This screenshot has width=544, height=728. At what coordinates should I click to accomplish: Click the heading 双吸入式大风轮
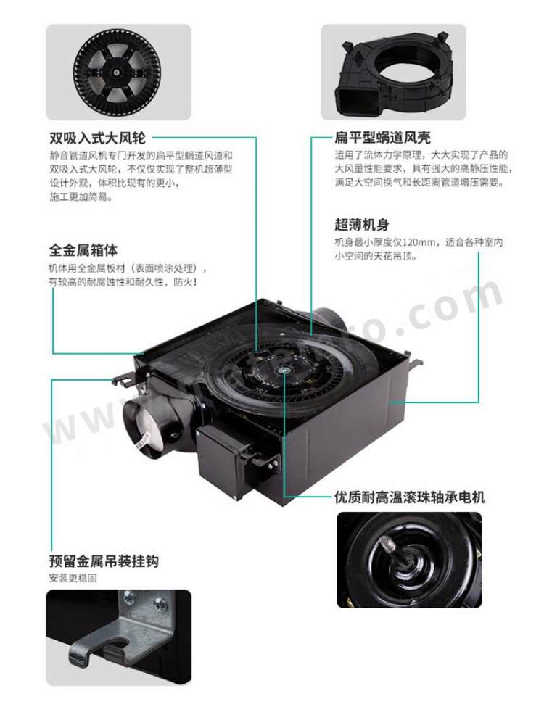98,138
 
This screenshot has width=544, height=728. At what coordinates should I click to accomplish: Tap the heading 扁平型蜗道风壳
383,138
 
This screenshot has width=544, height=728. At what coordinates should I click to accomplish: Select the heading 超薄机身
362,225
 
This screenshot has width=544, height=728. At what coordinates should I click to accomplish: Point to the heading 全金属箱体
83,250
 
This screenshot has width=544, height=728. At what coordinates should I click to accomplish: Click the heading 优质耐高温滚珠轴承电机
410,497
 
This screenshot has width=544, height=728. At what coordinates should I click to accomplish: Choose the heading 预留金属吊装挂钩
104,561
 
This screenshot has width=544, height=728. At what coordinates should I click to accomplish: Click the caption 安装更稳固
73,578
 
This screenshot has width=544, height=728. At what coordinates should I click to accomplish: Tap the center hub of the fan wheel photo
115,73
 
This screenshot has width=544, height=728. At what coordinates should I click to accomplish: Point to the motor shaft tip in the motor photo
387,543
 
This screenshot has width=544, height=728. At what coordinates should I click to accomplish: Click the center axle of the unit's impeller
283,371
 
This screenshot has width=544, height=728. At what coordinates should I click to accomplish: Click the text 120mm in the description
419,242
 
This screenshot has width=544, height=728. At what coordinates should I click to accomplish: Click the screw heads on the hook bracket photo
144,602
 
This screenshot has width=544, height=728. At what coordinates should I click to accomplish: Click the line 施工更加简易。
81,197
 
